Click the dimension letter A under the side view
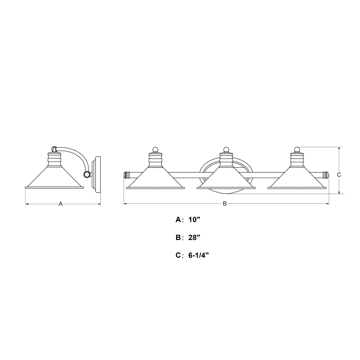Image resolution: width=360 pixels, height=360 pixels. pos(60,204)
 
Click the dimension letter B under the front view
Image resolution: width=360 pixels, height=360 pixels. pos(225,203)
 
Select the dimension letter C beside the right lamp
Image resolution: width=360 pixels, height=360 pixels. pos(339,175)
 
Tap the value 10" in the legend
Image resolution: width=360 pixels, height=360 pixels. pos(194,220)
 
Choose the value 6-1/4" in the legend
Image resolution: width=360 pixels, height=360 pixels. pos(198,255)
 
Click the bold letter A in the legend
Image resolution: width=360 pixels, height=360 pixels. pos(179,220)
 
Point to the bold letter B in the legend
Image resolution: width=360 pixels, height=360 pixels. pos(179,238)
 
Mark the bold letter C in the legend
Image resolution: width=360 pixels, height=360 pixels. pos(179,255)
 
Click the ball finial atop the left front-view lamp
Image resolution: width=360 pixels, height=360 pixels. pos(156,150)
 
